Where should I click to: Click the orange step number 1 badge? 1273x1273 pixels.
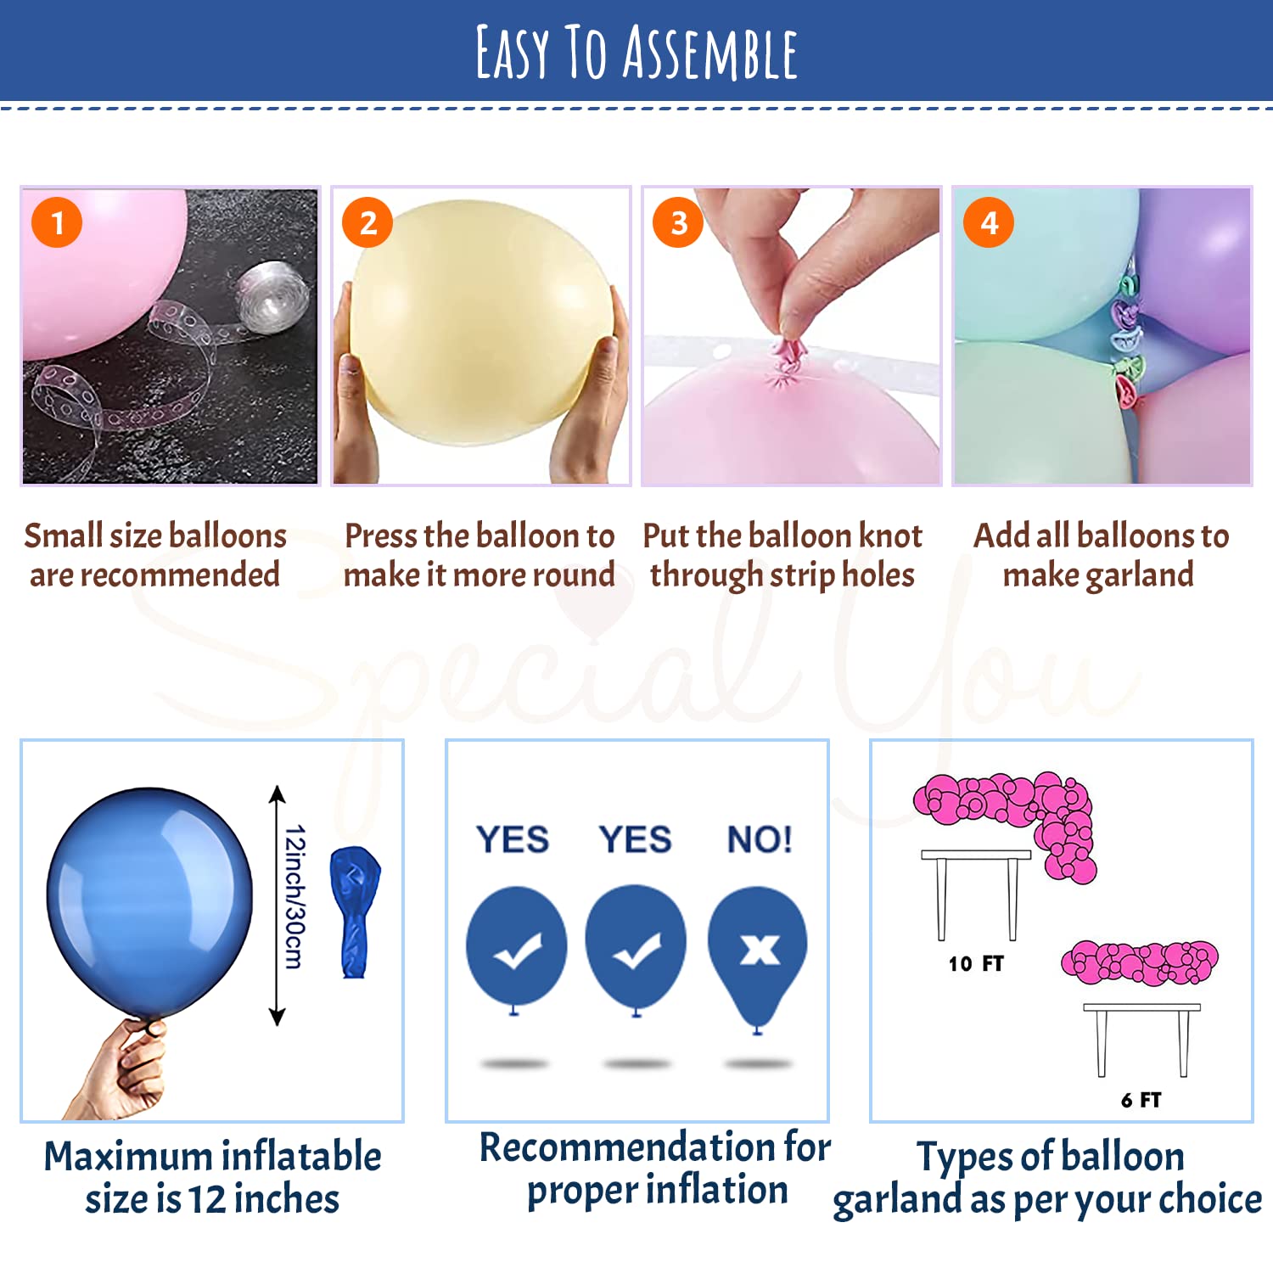(57, 222)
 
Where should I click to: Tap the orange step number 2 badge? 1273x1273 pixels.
(367, 222)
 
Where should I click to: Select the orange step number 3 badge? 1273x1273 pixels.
(678, 222)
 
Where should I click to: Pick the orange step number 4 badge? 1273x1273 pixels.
(989, 222)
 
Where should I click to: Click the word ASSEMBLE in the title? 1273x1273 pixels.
(710, 53)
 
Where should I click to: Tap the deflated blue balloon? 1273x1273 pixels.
(355, 911)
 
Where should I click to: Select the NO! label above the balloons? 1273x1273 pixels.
(760, 840)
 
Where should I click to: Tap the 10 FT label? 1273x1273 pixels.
(976, 963)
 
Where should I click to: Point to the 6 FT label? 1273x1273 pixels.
(1141, 1100)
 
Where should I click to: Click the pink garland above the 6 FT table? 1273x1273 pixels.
(1140, 962)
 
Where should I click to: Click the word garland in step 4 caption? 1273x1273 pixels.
(1140, 575)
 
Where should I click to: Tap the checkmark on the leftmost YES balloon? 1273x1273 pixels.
(518, 951)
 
